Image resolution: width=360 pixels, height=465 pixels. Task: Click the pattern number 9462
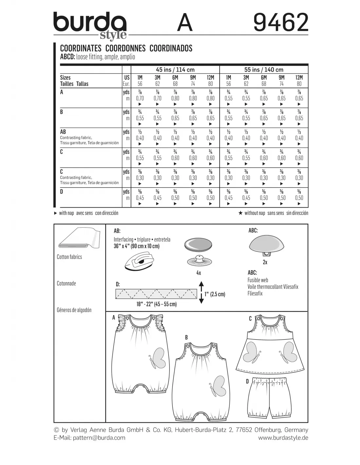281,22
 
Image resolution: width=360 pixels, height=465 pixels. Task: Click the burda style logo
90,26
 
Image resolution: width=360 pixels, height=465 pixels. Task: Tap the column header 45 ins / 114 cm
175,70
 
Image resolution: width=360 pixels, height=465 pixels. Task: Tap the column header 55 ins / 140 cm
264,70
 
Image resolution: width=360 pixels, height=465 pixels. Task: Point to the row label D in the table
62,192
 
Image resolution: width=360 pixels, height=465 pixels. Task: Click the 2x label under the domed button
265,262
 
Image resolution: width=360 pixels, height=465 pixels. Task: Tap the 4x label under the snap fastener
198,273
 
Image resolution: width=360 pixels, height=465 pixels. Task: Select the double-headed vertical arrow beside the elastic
201,292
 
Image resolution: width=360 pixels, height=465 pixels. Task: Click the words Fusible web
258,280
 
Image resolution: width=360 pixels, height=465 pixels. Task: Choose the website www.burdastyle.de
283,438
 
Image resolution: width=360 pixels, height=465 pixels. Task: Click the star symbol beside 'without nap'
241,213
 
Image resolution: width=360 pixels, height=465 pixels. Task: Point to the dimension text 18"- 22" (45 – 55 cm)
156,304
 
